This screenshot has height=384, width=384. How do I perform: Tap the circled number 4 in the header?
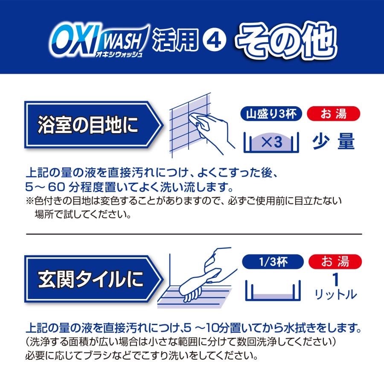coord(214,41)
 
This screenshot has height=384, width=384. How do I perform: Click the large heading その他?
coord(286,41)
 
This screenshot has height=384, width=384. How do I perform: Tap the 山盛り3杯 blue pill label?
coord(271,114)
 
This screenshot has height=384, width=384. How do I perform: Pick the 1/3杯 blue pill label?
coord(273,262)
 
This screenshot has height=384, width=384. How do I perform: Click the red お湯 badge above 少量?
coord(333,114)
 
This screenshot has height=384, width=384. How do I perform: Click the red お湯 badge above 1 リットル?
coord(335,262)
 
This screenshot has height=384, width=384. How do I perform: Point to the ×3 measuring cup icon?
coord(271,142)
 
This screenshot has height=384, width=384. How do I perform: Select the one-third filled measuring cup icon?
coord(273,290)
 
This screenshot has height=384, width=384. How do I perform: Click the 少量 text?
coord(333,142)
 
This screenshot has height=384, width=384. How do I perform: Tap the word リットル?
coord(335,294)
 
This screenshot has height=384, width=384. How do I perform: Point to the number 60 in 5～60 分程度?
coord(56,187)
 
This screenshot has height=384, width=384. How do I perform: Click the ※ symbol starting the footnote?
coord(29,201)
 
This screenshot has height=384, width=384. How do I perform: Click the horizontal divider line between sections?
coord(194,234)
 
